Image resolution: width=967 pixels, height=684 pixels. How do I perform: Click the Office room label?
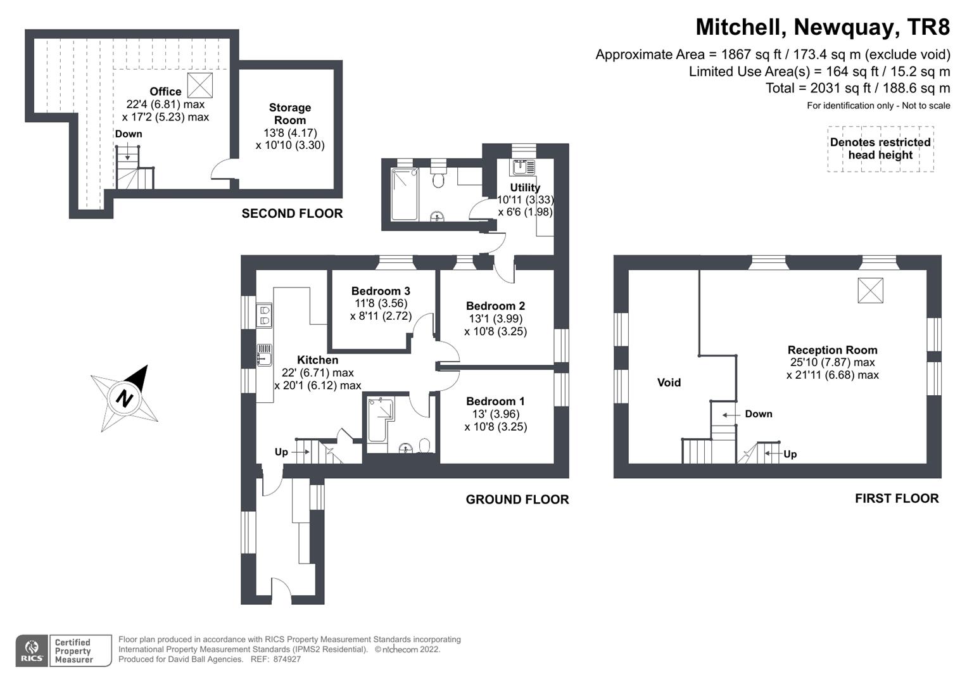[x=165, y=92]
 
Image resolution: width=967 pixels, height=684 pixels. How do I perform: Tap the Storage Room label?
[x=290, y=114]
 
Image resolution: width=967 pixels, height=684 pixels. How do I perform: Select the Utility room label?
[x=525, y=187]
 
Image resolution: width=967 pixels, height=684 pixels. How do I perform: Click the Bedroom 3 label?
[x=381, y=291]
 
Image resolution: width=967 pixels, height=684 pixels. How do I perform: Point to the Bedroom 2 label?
[x=495, y=306]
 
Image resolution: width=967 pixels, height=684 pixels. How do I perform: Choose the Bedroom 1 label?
[x=495, y=402]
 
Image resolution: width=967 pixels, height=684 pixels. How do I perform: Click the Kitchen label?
[x=317, y=360]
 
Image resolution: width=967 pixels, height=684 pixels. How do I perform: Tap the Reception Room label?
[x=832, y=350]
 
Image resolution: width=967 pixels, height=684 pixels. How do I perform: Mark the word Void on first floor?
[x=669, y=383]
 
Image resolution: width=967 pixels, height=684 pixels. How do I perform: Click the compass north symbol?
[x=124, y=398]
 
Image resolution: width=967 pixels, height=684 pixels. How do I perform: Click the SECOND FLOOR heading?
[x=292, y=214]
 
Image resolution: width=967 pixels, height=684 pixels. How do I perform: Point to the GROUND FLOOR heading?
[x=517, y=500]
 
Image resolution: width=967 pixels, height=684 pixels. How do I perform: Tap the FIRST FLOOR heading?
[x=896, y=499]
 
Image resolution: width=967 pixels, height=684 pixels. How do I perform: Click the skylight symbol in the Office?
[x=201, y=84]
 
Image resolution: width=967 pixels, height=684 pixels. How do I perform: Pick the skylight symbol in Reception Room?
[x=870, y=290]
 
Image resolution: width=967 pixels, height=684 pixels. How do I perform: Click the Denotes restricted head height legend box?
[x=880, y=149]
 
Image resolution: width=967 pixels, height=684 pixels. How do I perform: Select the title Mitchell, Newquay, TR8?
[x=823, y=27]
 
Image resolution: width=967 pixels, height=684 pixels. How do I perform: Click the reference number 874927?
[x=287, y=659]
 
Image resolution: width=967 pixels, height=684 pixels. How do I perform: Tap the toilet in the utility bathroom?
[x=438, y=181]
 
